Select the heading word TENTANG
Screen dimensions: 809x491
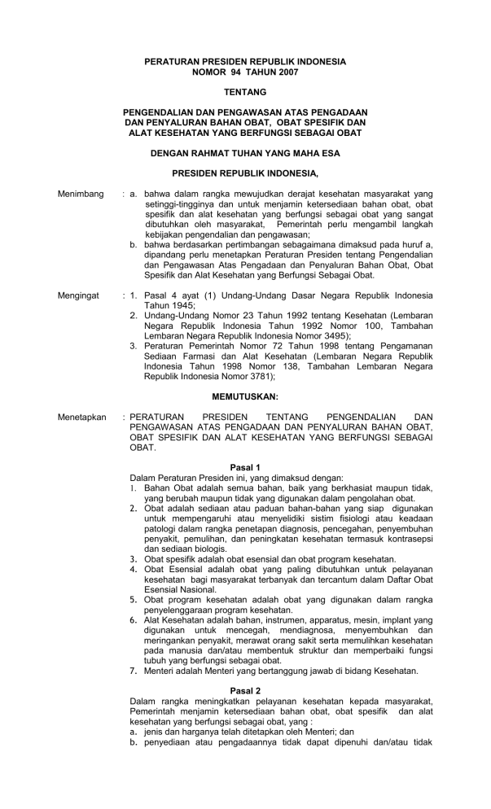245,92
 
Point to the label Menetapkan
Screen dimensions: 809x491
82,417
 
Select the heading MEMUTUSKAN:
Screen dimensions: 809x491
245,396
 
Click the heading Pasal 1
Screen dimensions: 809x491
245,467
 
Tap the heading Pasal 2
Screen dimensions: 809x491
245,690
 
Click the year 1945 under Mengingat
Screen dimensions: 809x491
175,302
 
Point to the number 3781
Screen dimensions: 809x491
260,377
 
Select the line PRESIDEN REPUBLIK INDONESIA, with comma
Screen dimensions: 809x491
245,173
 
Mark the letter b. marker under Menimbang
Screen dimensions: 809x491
134,243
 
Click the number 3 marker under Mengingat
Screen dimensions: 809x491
134,345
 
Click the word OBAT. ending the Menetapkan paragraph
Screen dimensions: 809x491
142,447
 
